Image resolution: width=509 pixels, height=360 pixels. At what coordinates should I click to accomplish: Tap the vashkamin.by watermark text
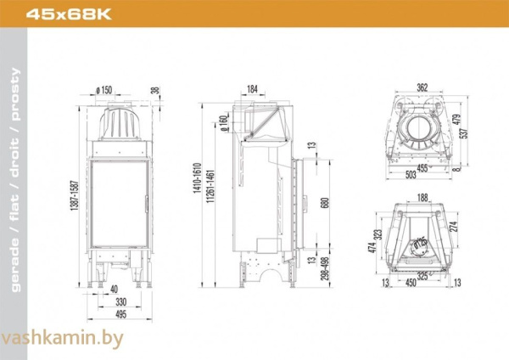tap(63, 339)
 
